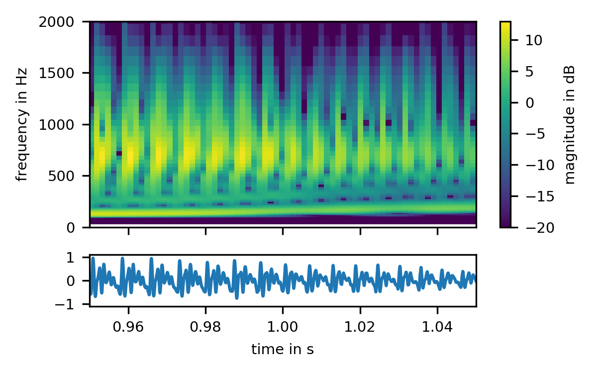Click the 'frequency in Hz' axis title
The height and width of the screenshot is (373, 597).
coord(22,124)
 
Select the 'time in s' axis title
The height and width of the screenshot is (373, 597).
coord(283,350)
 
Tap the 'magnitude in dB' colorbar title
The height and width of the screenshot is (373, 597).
coord(571,124)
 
